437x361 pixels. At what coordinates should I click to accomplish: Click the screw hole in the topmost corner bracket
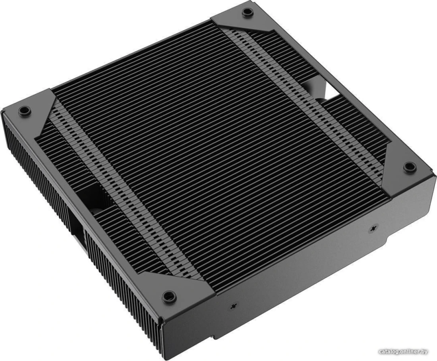(x=246, y=12)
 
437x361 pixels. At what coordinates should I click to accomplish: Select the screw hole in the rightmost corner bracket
(x=408, y=167)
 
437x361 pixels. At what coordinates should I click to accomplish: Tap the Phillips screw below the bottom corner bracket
(x=234, y=307)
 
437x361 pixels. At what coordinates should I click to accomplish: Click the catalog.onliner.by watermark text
(x=403, y=352)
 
